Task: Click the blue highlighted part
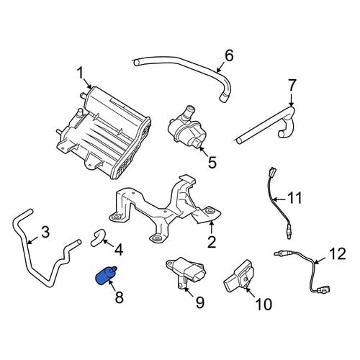pos(106,276)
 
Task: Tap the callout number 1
pos(80,73)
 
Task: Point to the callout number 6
pos(229,56)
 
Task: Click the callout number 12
pos(337,253)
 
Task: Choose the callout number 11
pos(294,199)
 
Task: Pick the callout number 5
pos(212,162)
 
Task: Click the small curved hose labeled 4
pos(98,237)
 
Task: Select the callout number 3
pos(45,232)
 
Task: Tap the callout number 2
pos(212,242)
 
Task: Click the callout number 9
pos(199,302)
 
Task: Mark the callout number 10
pos(264,305)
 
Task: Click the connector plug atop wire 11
pos(274,172)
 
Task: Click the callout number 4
pos(119,250)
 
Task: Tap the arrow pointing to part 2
pos(211,228)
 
